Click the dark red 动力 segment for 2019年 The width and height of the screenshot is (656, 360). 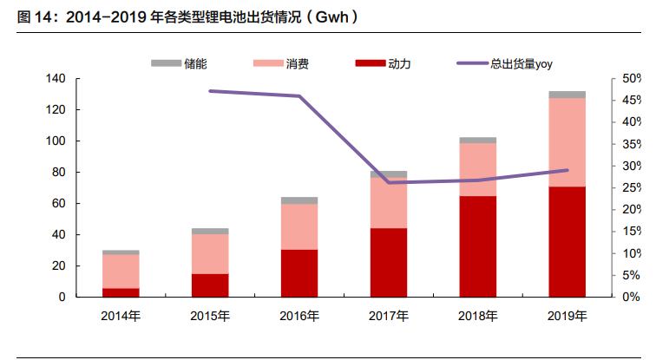click(567, 241)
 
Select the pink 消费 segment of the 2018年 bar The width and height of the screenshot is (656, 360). click(477, 169)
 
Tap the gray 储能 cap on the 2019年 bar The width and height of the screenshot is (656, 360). click(567, 95)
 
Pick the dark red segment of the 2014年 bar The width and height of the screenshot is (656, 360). click(121, 292)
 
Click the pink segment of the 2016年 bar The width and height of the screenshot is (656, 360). click(298, 226)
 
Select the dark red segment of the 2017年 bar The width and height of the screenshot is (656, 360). click(388, 262)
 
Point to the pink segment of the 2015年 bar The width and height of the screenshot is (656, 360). click(210, 253)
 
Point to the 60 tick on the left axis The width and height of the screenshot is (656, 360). click(58, 204)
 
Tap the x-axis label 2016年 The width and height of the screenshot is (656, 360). click(298, 315)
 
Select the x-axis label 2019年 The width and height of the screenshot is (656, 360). click(567, 315)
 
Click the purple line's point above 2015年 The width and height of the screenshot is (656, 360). click(210, 90)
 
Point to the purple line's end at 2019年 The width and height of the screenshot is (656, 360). click(567, 170)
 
